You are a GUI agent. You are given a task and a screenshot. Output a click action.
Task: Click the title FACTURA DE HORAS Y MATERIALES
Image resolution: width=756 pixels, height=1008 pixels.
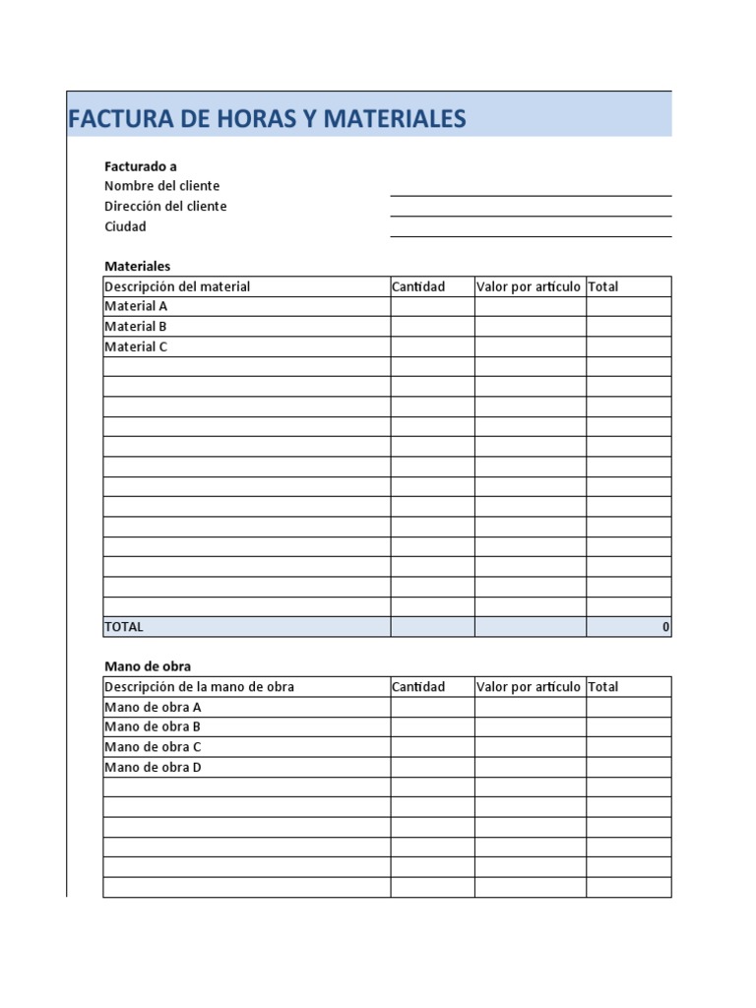pyautogui.click(x=267, y=119)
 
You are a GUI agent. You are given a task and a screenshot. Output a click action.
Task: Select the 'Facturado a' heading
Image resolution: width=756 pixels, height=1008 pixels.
pyautogui.click(x=141, y=166)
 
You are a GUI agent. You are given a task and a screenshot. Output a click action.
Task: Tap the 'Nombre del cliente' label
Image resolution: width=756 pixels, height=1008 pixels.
pyautogui.click(x=161, y=186)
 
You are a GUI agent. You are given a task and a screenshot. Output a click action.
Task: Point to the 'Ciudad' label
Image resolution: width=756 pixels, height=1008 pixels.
pyautogui.click(x=125, y=226)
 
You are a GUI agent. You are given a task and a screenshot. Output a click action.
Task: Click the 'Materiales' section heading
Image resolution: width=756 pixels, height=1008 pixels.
pyautogui.click(x=137, y=266)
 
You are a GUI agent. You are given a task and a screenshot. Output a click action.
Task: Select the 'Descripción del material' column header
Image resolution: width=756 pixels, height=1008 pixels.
pyautogui.click(x=177, y=286)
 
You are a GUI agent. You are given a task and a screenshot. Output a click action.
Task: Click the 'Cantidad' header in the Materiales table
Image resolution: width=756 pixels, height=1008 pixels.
pyautogui.click(x=418, y=286)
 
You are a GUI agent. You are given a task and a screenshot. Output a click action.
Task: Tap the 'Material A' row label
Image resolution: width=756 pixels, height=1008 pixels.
pyautogui.click(x=136, y=306)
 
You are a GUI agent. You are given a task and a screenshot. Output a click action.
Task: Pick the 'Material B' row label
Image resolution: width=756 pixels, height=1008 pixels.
pyautogui.click(x=136, y=326)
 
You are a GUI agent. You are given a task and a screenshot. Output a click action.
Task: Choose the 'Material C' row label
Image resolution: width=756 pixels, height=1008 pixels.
pyautogui.click(x=136, y=346)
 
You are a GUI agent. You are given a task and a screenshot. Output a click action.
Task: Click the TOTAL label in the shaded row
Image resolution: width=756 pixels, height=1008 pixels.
pyautogui.click(x=124, y=626)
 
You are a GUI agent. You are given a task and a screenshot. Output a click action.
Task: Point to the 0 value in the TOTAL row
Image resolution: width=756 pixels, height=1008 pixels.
pyautogui.click(x=665, y=626)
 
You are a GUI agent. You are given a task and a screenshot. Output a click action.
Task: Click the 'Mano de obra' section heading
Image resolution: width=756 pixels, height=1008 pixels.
pyautogui.click(x=148, y=666)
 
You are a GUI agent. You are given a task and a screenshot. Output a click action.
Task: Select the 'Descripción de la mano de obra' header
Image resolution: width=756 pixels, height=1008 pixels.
pyautogui.click(x=199, y=686)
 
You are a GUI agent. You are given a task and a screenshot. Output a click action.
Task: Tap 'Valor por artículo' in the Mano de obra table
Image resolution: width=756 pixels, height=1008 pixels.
pyautogui.click(x=529, y=686)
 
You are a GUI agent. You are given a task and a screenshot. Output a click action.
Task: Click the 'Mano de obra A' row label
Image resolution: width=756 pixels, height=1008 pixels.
pyautogui.click(x=153, y=707)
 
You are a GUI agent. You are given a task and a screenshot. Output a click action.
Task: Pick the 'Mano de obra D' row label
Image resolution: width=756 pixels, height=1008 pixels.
pyautogui.click(x=153, y=767)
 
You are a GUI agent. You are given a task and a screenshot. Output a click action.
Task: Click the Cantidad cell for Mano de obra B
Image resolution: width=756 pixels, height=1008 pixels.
pyautogui.click(x=432, y=726)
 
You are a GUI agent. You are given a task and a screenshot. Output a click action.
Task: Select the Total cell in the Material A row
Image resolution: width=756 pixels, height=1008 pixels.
pyautogui.click(x=629, y=306)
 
